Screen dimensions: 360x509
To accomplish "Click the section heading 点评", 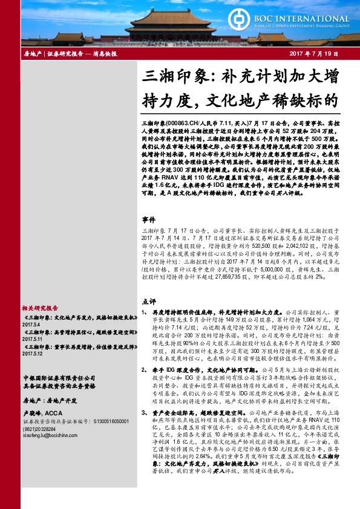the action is (149, 301).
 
